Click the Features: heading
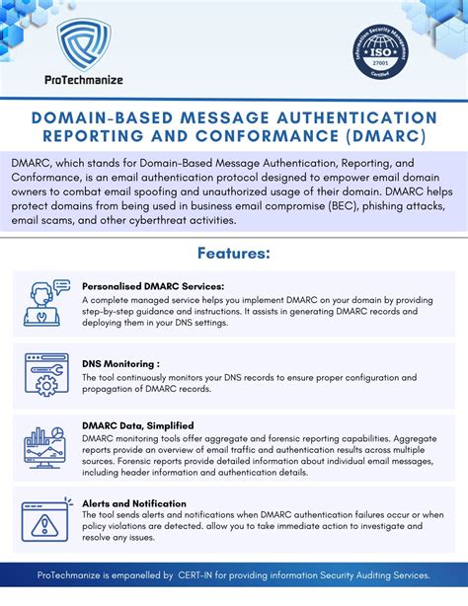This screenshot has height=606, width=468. click(x=233, y=254)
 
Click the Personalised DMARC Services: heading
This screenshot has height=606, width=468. click(x=150, y=286)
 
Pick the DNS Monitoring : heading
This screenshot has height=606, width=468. click(x=123, y=362)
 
